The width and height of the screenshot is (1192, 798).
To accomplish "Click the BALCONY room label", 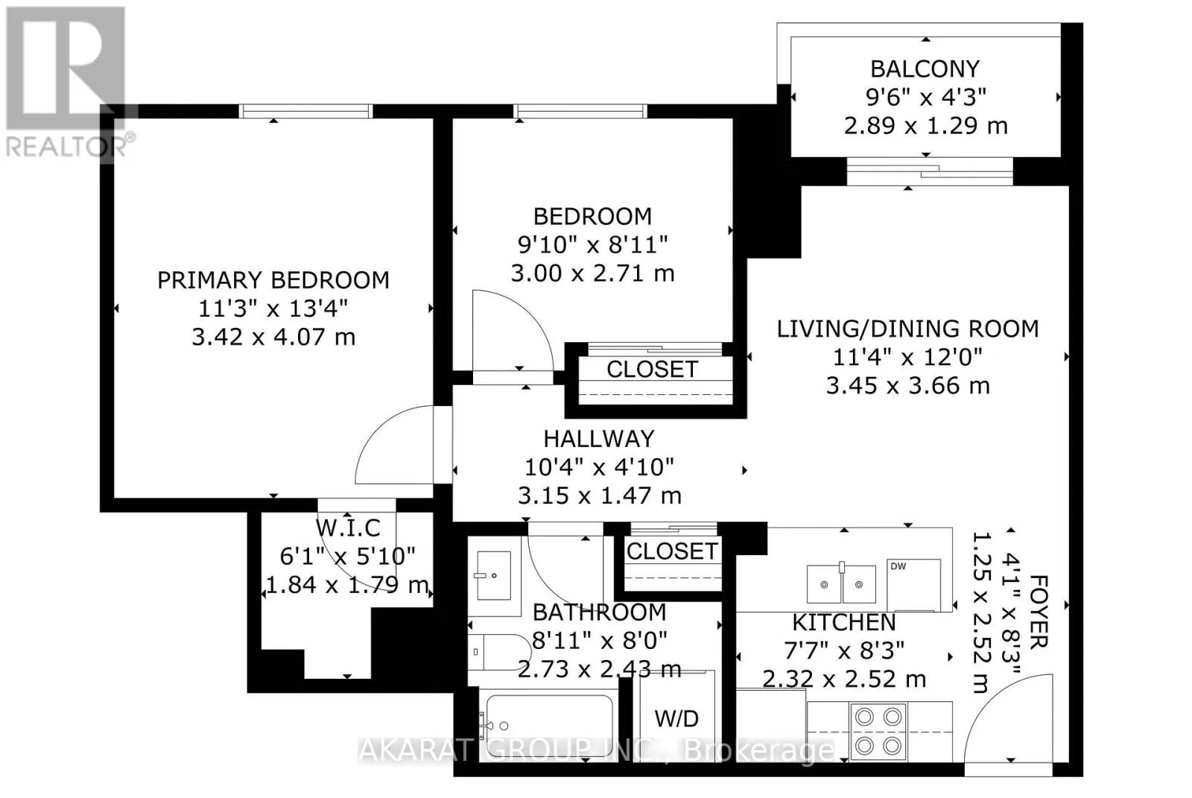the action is pyautogui.click(x=925, y=69).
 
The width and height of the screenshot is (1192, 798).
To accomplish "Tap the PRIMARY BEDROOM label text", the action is pyautogui.click(x=273, y=281).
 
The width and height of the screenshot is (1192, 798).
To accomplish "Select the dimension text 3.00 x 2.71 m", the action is pyautogui.click(x=593, y=273).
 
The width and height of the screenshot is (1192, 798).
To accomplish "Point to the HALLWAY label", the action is pyautogui.click(x=599, y=439).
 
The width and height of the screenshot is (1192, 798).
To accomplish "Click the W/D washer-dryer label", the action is pyautogui.click(x=676, y=719).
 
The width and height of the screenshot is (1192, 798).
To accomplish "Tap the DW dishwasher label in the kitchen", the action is pyautogui.click(x=898, y=566).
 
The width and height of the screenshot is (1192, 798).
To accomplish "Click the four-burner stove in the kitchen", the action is pyautogui.click(x=878, y=732).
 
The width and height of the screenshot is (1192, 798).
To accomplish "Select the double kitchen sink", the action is pyautogui.click(x=841, y=583).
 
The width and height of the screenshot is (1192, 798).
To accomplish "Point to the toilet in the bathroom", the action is pyautogui.click(x=499, y=652).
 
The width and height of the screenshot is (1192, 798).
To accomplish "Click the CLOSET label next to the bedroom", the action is pyautogui.click(x=652, y=370).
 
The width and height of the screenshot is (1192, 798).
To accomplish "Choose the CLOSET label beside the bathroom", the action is pyautogui.click(x=672, y=551).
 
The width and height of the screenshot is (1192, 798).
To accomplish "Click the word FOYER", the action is pyautogui.click(x=1039, y=612).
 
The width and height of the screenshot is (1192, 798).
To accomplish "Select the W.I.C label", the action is pyautogui.click(x=348, y=528).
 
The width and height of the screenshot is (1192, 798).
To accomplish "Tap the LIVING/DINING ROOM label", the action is pyautogui.click(x=908, y=329).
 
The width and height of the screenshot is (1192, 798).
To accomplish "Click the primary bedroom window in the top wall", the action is pyautogui.click(x=305, y=111).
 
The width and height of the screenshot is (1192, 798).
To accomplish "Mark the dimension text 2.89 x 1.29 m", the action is pyautogui.click(x=926, y=126).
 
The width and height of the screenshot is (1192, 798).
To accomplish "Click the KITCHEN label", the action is pyautogui.click(x=844, y=622).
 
